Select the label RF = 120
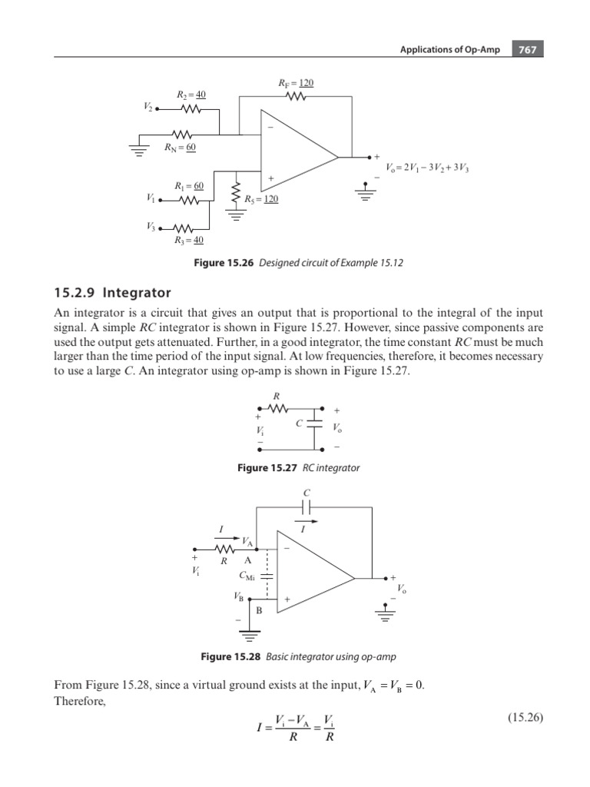tap(296, 83)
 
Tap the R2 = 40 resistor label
tap(191, 95)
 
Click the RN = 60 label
tap(181, 147)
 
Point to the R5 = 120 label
tap(261, 198)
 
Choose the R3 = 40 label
tap(189, 240)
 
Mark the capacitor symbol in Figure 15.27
tap(315, 424)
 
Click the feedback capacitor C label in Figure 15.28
tap(306, 492)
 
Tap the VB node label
tap(240, 595)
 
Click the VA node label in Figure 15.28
tap(247, 543)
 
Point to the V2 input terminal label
tap(149, 108)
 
